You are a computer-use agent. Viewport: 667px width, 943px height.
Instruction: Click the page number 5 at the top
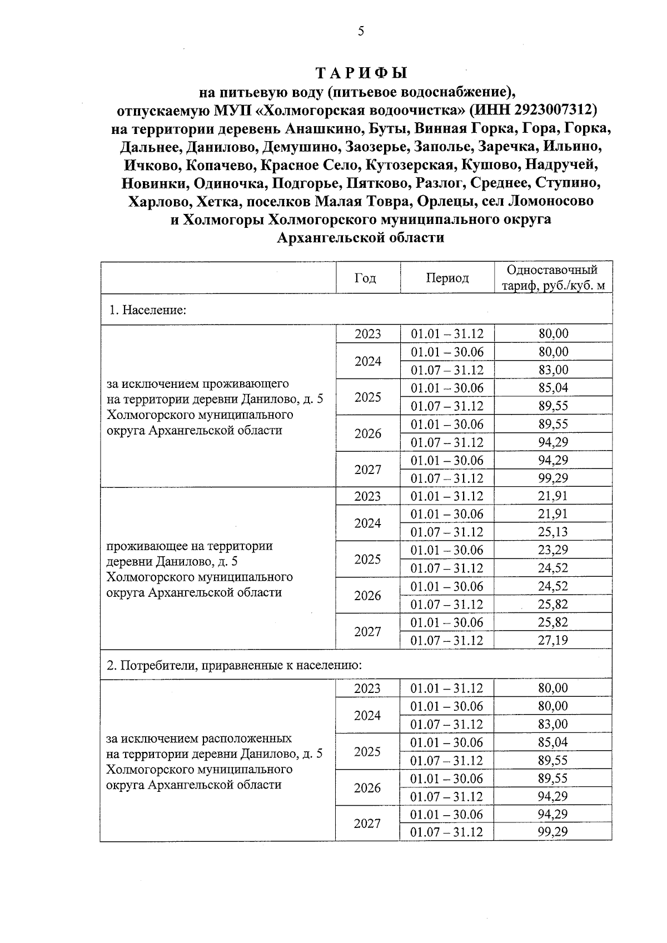pos(361,32)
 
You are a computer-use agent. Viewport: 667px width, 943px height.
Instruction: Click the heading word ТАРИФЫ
pos(361,73)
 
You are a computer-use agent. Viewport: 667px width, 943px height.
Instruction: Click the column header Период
pos(447,278)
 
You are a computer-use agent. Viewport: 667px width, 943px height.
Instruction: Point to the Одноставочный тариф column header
pos(552,278)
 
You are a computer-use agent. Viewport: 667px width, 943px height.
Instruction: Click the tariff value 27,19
pos(552,640)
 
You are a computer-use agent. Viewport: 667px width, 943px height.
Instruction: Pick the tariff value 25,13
pos(552,532)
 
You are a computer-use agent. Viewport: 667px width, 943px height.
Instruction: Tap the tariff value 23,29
pos(552,550)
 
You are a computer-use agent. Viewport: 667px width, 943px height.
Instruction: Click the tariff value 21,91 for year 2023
pos(552,496)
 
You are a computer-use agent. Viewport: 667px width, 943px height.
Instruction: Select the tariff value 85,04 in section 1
pos(552,387)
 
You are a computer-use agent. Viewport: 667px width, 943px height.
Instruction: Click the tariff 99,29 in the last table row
pos(552,832)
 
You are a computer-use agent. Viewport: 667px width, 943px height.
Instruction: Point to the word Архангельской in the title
pos(324,238)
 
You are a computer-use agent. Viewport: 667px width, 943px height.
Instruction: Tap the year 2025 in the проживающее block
pos(367,559)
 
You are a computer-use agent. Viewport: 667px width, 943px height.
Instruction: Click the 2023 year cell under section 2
pos(367,688)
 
